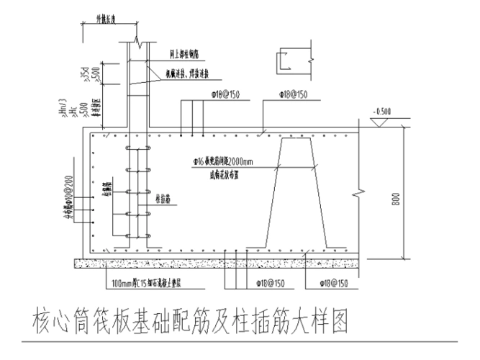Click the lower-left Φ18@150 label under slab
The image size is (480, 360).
click(x=271, y=283)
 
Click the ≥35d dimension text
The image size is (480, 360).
click(x=84, y=72)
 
